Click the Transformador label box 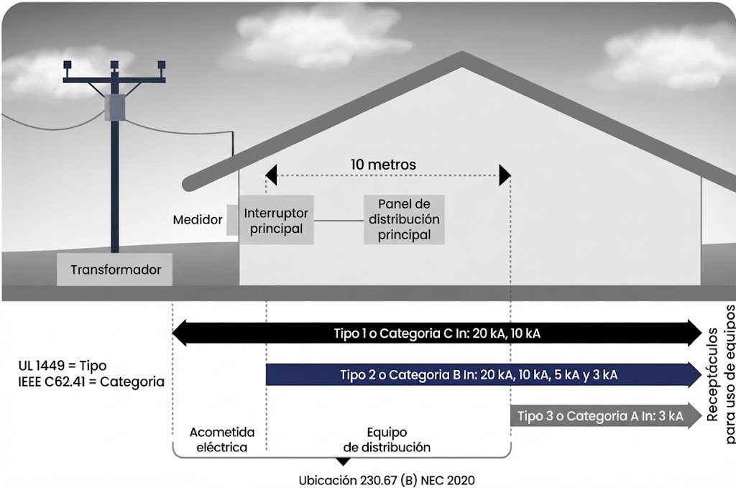[x=114, y=270]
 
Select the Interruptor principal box [x=276, y=220]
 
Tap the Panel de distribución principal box [x=404, y=220]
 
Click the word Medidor [x=198, y=220]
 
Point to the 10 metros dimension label [x=383, y=165]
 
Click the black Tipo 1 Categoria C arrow [x=437, y=333]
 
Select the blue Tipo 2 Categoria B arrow [x=484, y=374]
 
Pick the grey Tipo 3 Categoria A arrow [x=606, y=415]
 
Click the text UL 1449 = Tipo [x=63, y=366]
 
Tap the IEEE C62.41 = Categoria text [x=91, y=382]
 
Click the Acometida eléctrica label [x=222, y=440]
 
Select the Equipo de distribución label [x=387, y=440]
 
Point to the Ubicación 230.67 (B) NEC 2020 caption [x=387, y=481]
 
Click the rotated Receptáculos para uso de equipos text [x=720, y=374]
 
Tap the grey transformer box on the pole [x=115, y=107]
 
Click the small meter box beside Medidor [x=233, y=220]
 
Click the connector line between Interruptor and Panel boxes [x=339, y=221]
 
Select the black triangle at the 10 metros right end [x=505, y=175]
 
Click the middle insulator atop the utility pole [x=114, y=65]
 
